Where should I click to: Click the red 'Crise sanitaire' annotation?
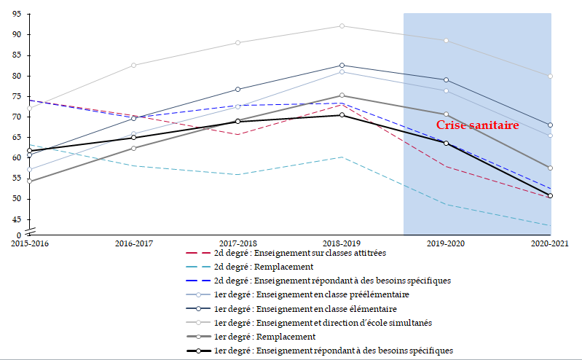(x=477, y=125)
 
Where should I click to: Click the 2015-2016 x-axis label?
(x=29, y=243)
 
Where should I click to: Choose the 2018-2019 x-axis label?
(x=342, y=243)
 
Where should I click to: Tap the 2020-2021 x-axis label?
(x=551, y=243)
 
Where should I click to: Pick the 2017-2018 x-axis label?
(x=237, y=243)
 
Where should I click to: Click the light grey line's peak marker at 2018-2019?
(x=342, y=26)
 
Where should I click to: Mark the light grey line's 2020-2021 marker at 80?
(x=551, y=76)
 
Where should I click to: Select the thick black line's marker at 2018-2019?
(x=342, y=115)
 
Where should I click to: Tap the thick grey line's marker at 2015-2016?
(x=29, y=181)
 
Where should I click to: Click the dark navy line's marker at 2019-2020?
(x=446, y=79)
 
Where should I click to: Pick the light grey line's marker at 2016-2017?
(x=133, y=65)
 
